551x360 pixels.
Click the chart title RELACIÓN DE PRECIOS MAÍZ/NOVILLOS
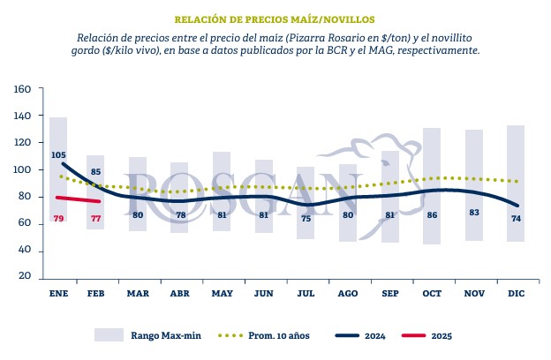coord(275,18)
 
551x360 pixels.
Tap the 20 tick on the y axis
coord(25,277)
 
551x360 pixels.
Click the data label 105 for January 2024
coord(59,155)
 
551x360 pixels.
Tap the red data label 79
coord(59,218)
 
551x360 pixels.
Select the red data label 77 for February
coord(95,218)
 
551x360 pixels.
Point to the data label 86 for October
coord(432,214)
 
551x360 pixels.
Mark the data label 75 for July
coord(306,218)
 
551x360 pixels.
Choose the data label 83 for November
coord(474,213)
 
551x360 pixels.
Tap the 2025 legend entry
coord(442,335)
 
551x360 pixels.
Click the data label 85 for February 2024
coord(95,171)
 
